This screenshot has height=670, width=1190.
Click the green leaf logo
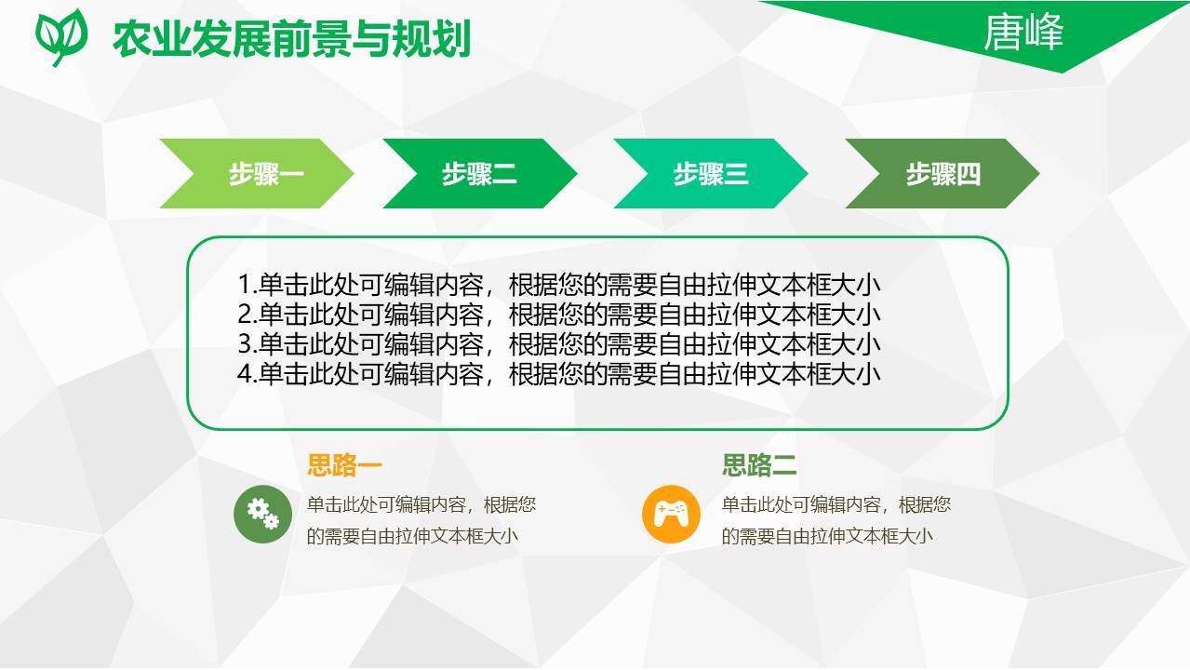click(61, 35)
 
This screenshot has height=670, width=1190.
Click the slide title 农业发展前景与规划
click(291, 40)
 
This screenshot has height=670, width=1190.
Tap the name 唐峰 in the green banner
click(1023, 34)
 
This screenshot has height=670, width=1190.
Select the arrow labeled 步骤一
click(257, 174)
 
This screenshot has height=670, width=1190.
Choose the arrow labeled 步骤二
click(479, 174)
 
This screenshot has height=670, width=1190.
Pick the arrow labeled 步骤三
click(710, 174)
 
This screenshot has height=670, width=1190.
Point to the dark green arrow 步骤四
click(942, 174)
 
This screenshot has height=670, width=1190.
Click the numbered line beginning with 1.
click(559, 285)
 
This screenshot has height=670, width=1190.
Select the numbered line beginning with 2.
click(559, 315)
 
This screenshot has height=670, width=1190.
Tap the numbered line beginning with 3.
click(559, 344)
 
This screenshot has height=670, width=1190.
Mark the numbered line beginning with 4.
click(559, 374)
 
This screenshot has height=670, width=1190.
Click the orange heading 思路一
click(344, 465)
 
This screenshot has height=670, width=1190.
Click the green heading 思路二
click(759, 465)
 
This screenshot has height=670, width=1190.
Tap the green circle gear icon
click(262, 514)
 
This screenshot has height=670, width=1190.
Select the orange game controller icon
click(671, 514)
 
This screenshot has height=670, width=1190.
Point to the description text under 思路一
click(421, 520)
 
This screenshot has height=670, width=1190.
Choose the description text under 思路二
click(836, 520)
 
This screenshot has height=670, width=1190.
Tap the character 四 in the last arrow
click(969, 174)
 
